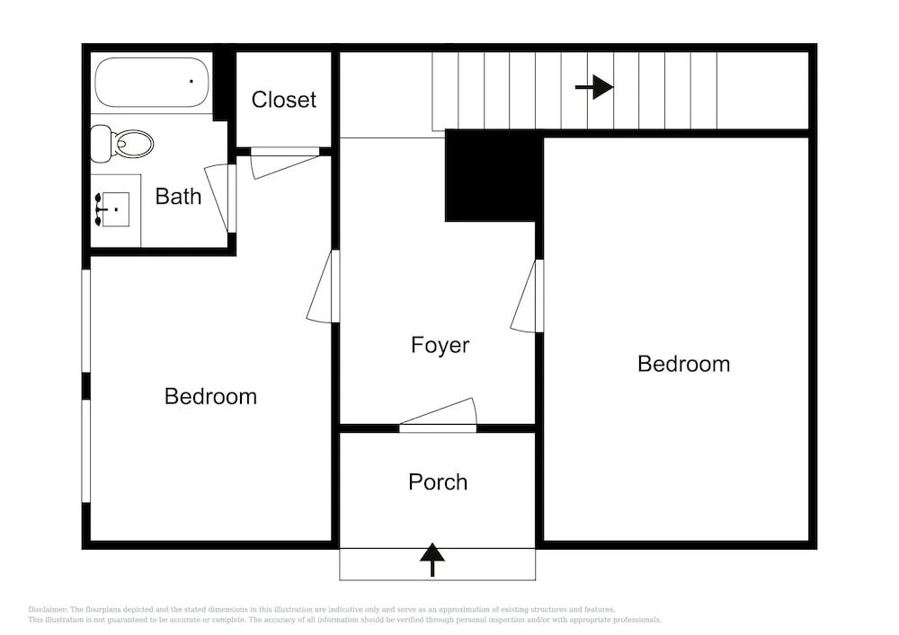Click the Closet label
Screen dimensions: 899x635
(284, 100)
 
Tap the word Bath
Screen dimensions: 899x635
(178, 197)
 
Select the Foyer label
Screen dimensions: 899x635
(440, 345)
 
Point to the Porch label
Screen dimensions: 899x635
(438, 482)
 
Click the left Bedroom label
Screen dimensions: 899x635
(210, 396)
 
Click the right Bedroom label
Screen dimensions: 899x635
(683, 364)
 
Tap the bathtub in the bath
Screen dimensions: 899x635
(152, 82)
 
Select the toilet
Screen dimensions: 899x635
(122, 144)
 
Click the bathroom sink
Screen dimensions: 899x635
(115, 209)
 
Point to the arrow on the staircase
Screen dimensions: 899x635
(594, 87)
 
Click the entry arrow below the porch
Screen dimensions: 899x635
(432, 560)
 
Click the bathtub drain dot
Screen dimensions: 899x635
(191, 82)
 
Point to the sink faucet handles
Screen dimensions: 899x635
(98, 209)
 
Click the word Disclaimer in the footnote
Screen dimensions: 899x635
(47, 610)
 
